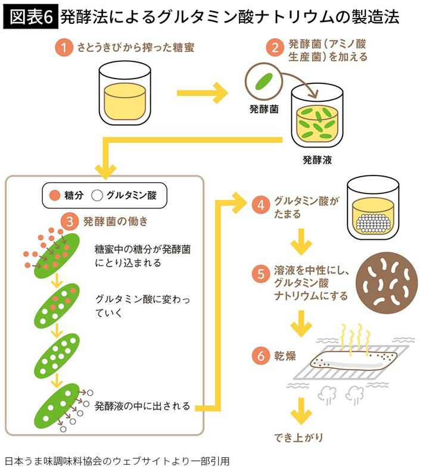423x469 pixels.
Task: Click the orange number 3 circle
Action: tap(70, 222)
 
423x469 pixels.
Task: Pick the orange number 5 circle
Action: tap(260, 274)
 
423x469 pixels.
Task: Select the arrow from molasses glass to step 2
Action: tap(203, 93)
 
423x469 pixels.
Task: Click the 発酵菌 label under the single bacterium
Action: tap(263, 110)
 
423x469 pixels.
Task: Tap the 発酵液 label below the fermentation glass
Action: tap(317, 160)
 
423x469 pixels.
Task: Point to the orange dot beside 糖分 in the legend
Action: tap(54, 195)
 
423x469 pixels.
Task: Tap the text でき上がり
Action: tap(299, 437)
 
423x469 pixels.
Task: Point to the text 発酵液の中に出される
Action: tap(142, 407)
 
